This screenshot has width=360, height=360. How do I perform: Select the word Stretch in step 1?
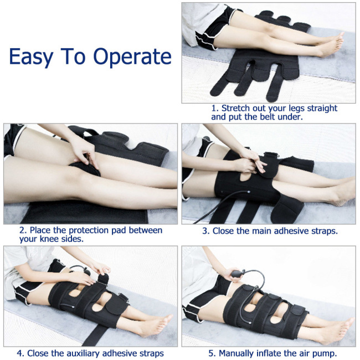tap(239, 108)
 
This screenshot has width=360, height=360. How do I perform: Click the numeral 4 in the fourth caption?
tap(19, 353)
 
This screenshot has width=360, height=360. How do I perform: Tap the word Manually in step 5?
tap(240, 353)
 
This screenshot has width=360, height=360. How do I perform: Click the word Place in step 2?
tap(39, 229)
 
